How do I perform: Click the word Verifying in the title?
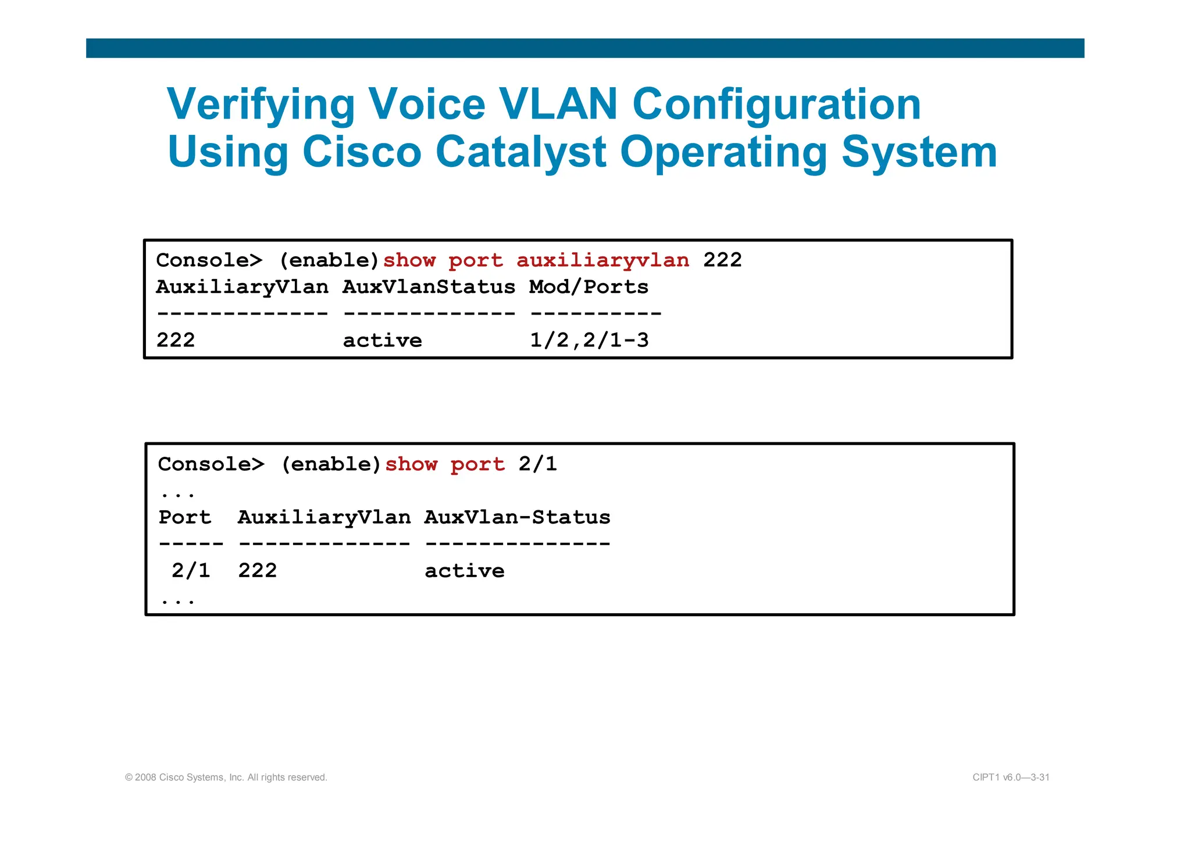coord(261,105)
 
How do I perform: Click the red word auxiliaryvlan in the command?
coord(602,260)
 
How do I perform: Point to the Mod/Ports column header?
coord(589,287)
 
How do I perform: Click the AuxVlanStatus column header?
coord(429,287)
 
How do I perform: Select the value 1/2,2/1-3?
coord(589,341)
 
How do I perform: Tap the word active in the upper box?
coord(382,341)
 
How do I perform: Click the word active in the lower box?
coord(464,571)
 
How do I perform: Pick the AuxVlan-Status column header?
coord(517,517)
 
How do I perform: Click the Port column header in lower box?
coord(185,517)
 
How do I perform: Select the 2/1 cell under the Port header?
coord(191,571)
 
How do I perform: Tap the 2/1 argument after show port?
coord(537,464)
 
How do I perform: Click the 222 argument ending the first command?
coord(722,260)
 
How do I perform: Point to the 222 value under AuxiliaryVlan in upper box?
coord(176,341)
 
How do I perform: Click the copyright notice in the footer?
coord(226,778)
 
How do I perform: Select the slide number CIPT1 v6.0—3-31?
coord(1011,778)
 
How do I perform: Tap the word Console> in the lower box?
coord(211,464)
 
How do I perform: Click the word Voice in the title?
coord(427,105)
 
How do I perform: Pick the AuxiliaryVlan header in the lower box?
coord(324,517)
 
